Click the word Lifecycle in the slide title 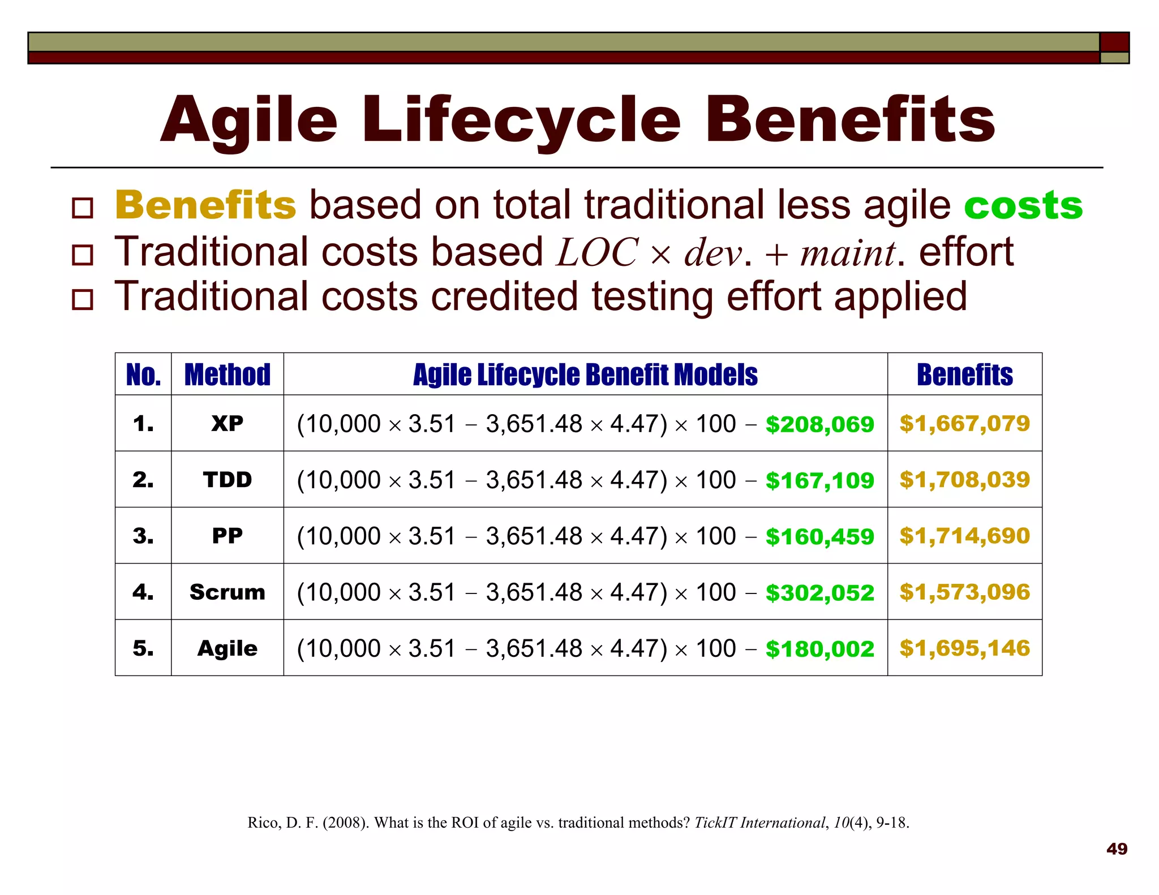(521, 121)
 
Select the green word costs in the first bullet (1023, 205)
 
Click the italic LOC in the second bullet (597, 252)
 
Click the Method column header (227, 375)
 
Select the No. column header (143, 375)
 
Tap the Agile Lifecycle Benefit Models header (585, 375)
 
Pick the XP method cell (227, 423)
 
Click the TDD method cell (227, 480)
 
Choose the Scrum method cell (227, 592)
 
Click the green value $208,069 (819, 424)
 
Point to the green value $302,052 (819, 593)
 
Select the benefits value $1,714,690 (964, 536)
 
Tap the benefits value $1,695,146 (964, 648)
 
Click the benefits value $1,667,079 (964, 423)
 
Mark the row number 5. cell (143, 648)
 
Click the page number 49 (1117, 849)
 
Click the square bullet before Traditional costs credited (83, 299)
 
